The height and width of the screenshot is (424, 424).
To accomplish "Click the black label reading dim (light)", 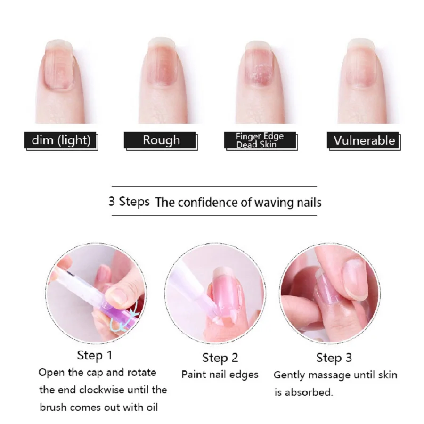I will tap(60, 140).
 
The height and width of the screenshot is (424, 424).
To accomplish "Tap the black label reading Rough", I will tap(161, 140).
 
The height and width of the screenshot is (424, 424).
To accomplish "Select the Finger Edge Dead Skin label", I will tap(260, 140).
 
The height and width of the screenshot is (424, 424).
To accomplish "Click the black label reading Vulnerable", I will tap(364, 140).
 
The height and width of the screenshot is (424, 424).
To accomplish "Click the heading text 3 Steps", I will tap(129, 202).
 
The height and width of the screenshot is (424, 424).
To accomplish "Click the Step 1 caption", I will tap(95, 355).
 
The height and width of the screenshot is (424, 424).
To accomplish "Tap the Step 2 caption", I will tap(220, 358).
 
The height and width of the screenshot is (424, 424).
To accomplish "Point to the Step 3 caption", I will tap(334, 358).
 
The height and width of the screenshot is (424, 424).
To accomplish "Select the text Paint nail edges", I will tap(220, 375).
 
